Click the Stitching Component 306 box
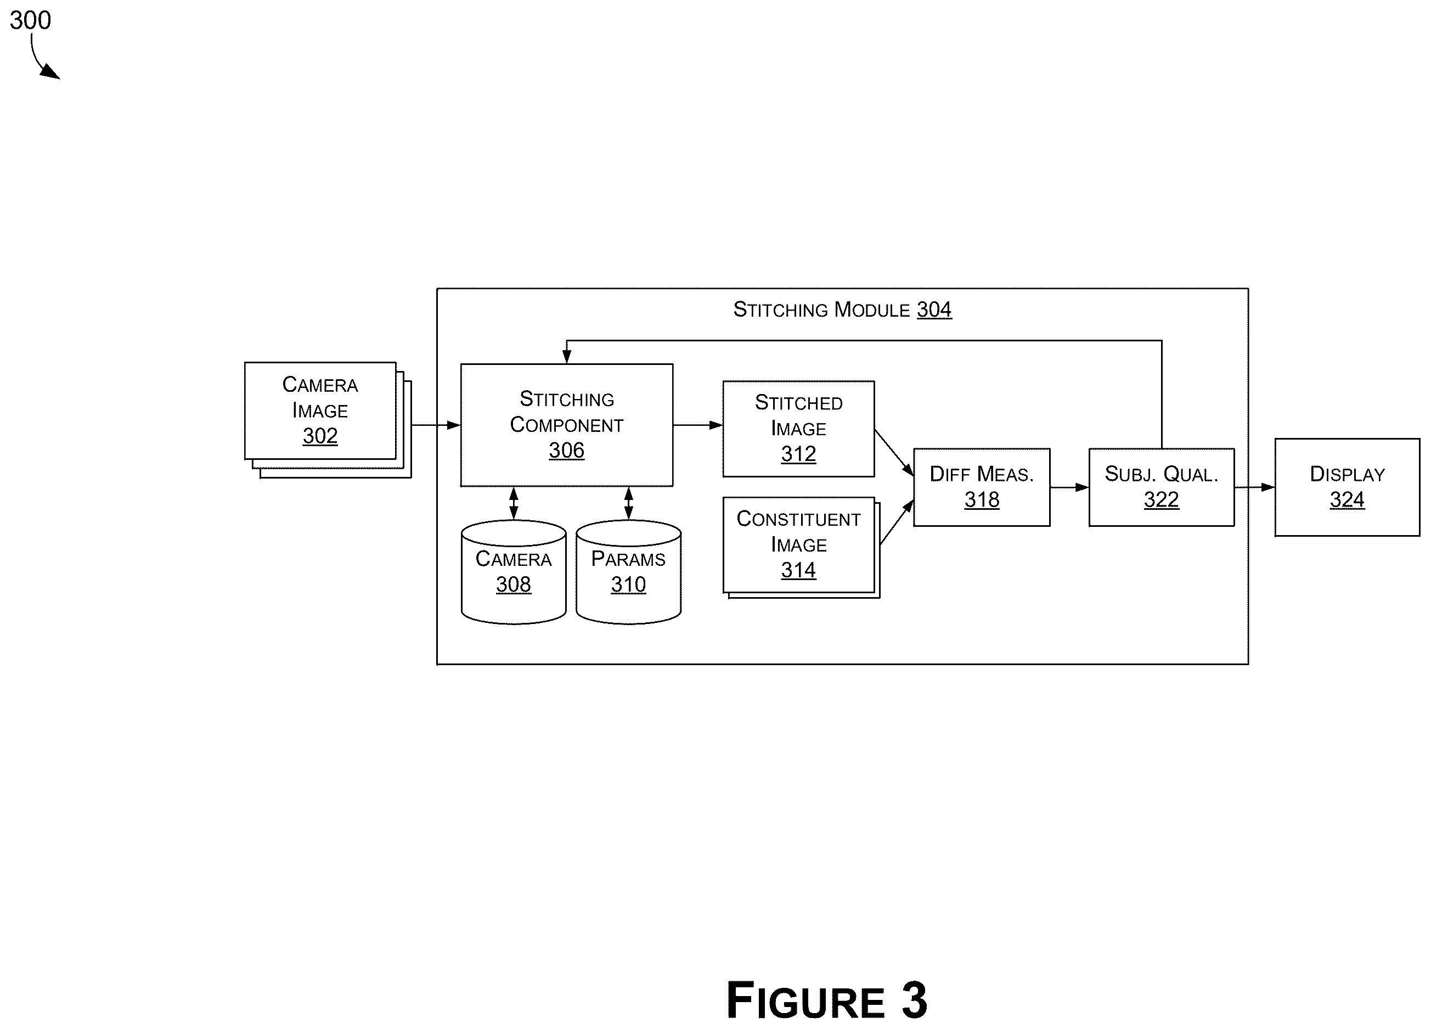pos(567,425)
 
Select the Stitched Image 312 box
pos(798,429)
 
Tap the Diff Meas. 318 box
pos(982,487)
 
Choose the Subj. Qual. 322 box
pos(1162,487)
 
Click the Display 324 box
pos(1347,487)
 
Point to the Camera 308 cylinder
pos(514,572)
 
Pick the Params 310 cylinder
pos(628,572)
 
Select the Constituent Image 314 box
pos(800,547)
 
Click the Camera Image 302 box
pos(328,419)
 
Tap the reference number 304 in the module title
pos(934,309)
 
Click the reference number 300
pos(30,20)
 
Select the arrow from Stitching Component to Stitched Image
pos(698,425)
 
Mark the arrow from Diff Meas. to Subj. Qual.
pos(1069,487)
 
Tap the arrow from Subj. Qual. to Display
pos(1254,487)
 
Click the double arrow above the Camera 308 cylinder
pos(514,503)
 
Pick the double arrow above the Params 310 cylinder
pos(628,503)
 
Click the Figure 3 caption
pos(826,1000)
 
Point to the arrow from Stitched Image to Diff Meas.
pos(894,452)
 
